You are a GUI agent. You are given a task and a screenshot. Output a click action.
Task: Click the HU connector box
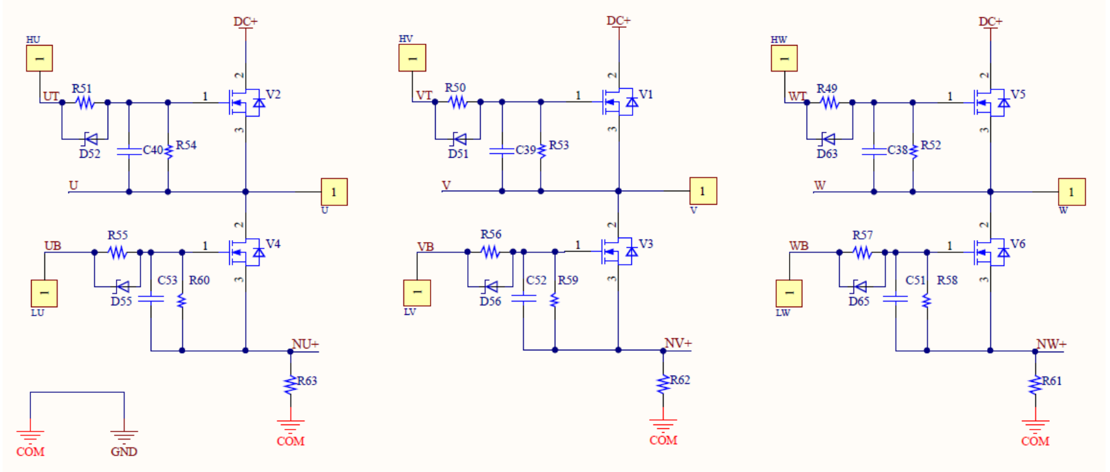pyautogui.click(x=39, y=58)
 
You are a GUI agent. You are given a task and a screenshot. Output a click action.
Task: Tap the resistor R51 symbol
pyautogui.click(x=85, y=102)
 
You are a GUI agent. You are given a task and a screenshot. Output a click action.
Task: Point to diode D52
pyautogui.click(x=90, y=139)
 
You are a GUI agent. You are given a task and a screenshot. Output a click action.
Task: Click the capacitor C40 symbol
pyautogui.click(x=129, y=151)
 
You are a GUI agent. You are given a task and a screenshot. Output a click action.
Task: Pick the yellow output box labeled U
pyautogui.click(x=334, y=192)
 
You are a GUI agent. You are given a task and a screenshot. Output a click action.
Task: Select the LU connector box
pyautogui.click(x=44, y=293)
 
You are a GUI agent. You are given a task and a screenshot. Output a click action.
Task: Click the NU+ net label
pyautogui.click(x=305, y=344)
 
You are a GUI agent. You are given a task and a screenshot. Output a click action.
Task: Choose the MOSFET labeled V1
pyautogui.click(x=620, y=102)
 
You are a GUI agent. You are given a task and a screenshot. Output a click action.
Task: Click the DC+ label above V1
pyautogui.click(x=619, y=21)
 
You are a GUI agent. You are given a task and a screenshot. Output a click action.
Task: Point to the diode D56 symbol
pyautogui.click(x=490, y=286)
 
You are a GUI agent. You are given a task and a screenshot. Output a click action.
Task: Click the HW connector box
pyautogui.click(x=784, y=58)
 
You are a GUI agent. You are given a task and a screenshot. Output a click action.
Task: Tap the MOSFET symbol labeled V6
pyautogui.click(x=992, y=252)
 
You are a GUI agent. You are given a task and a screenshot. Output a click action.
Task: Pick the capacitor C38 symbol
pyautogui.click(x=874, y=151)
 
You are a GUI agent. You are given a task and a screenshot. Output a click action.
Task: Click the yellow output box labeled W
pyautogui.click(x=1072, y=192)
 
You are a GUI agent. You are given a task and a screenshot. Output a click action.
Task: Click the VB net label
pyautogui.click(x=426, y=246)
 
